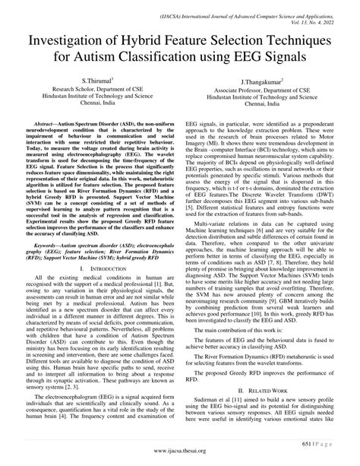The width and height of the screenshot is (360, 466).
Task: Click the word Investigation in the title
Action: pos(73,39)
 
